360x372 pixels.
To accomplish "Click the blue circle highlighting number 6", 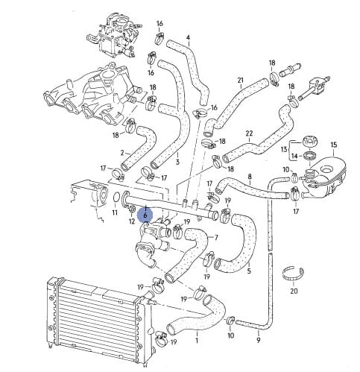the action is (145, 215).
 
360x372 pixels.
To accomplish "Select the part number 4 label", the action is (188, 38).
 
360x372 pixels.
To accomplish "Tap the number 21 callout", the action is (241, 81).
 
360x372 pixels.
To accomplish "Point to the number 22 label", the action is (249, 133).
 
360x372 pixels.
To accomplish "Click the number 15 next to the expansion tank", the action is (334, 145).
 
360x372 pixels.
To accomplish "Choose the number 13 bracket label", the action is (284, 149).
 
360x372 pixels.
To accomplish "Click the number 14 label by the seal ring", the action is (294, 157).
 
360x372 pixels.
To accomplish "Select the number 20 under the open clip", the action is (294, 291).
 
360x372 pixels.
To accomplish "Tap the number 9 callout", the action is (259, 340).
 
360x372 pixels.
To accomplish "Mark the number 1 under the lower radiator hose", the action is (197, 341).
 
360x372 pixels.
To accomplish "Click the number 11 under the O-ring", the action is (115, 213).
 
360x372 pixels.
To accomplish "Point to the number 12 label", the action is (132, 221).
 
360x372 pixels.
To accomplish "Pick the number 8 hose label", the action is (250, 177).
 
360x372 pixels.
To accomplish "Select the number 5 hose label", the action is (249, 271).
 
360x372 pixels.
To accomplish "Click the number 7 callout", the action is (216, 238).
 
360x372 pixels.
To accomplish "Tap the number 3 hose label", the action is (177, 163).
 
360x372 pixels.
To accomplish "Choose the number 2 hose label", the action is (122, 153).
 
